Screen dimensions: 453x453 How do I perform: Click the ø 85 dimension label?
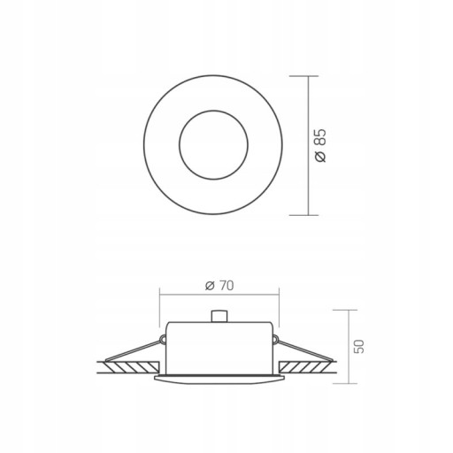(x=320, y=145)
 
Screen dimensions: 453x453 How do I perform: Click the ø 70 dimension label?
(x=219, y=286)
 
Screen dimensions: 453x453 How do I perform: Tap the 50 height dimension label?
(x=359, y=347)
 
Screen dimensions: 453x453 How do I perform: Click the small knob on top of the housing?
(x=219, y=316)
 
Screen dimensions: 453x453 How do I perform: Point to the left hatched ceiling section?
(x=133, y=367)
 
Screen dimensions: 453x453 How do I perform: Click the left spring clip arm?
(x=134, y=350)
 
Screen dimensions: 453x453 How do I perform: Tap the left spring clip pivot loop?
(x=162, y=340)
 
